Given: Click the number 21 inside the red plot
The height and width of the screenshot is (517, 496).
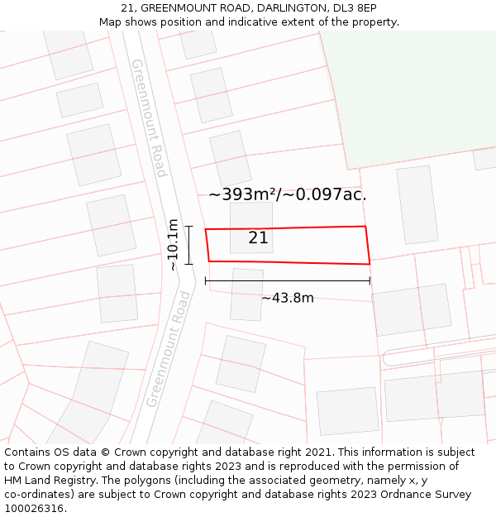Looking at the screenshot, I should pyautogui.click(x=258, y=238).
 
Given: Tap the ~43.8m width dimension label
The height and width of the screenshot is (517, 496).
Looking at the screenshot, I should pyautogui.click(x=288, y=298).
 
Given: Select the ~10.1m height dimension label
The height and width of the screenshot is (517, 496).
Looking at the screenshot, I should pyautogui.click(x=173, y=244).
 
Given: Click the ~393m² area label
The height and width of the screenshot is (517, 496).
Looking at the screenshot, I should pyautogui.click(x=287, y=194).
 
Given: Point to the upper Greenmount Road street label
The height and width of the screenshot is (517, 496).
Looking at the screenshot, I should pyautogui.click(x=149, y=117).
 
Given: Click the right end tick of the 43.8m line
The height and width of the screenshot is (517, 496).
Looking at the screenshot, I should pyautogui.click(x=370, y=281).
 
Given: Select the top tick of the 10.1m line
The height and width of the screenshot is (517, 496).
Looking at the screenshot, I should pyautogui.click(x=188, y=227).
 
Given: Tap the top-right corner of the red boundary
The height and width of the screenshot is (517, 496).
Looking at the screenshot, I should pyautogui.click(x=365, y=226).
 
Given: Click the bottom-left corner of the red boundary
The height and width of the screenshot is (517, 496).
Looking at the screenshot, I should pyautogui.click(x=208, y=261).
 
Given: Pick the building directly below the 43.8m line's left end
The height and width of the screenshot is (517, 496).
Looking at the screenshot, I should pyautogui.click(x=246, y=294).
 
